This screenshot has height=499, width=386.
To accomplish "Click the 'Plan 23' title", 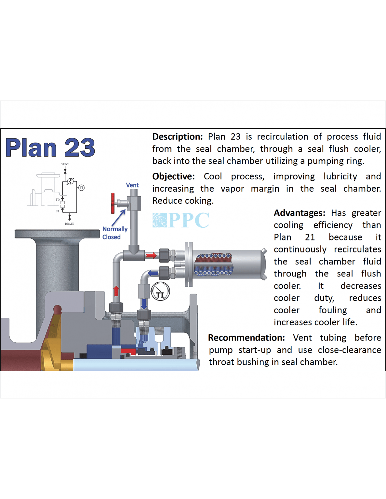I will pyautogui.click(x=50, y=148).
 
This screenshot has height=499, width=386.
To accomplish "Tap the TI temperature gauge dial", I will pyautogui.click(x=160, y=291).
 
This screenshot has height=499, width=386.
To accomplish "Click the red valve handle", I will pyautogui.click(x=113, y=203).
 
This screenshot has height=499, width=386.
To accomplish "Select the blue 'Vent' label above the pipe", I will pyautogui.click(x=132, y=185).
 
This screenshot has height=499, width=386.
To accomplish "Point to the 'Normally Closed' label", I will pyautogui.click(x=114, y=233).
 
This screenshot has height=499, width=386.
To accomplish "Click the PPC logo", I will pyautogui.click(x=181, y=220).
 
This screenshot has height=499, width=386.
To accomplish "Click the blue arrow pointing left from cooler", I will pyautogui.click(x=153, y=273).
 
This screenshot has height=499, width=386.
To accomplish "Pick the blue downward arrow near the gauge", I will pyautogui.click(x=144, y=304).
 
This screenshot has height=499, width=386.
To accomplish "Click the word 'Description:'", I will pyautogui.click(x=178, y=137).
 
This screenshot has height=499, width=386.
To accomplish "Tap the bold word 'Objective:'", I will pyautogui.click(x=173, y=176).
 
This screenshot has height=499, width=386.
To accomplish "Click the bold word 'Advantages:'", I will pyautogui.click(x=299, y=213).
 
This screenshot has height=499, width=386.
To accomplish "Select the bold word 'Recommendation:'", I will pyautogui.click(x=246, y=338).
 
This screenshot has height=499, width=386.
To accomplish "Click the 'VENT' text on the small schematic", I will pyautogui.click(x=65, y=164).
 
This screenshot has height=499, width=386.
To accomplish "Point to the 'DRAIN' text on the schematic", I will pyautogui.click(x=69, y=224).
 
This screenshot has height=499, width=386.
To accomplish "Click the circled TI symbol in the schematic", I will pyautogui.click(x=81, y=188).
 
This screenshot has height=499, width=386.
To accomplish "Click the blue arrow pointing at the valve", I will pyautogui.click(x=119, y=217).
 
